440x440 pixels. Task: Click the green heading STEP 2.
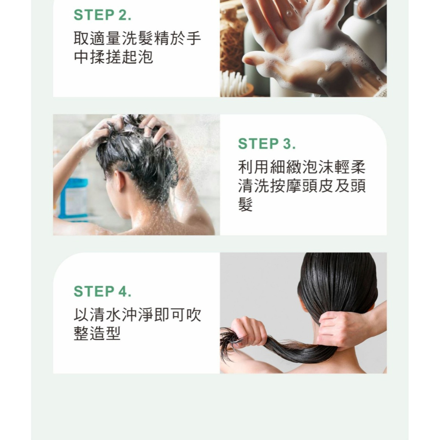tap(103, 15)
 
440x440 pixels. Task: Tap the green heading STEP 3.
tap(267, 144)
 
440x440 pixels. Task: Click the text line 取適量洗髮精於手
tap(137, 38)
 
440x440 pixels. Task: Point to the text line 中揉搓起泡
tap(114, 57)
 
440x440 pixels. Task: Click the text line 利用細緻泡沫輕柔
tap(302, 167)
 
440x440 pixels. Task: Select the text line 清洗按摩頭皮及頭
tap(302, 186)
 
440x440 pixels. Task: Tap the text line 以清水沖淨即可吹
tap(137, 315)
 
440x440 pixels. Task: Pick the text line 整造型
tap(97, 333)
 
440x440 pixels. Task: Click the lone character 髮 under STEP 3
tap(246, 204)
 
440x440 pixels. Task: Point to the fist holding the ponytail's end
tap(249, 332)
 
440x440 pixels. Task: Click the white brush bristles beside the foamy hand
tap(233, 83)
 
